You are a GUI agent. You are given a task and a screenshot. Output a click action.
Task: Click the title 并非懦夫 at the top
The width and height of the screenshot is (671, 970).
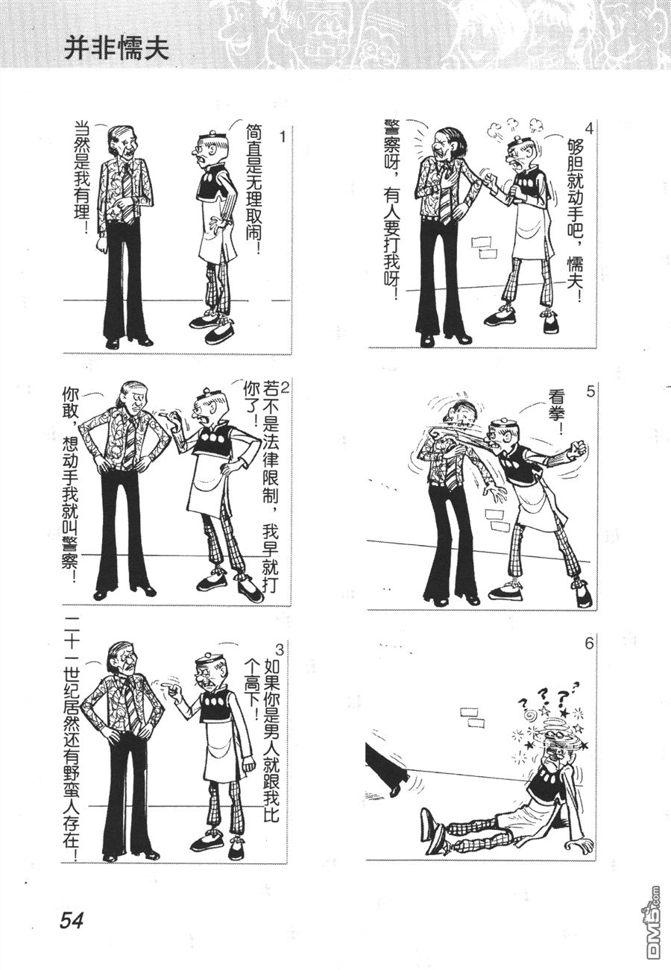pos(117,49)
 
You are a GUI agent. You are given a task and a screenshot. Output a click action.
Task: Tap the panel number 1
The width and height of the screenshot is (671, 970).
pos(283,137)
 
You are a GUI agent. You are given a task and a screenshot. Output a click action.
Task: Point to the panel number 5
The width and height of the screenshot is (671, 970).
pos(591,391)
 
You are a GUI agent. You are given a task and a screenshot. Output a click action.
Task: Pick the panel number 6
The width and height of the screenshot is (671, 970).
pos(589,644)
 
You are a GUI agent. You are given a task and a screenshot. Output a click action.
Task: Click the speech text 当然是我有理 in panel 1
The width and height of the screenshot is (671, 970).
pos(81,177)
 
